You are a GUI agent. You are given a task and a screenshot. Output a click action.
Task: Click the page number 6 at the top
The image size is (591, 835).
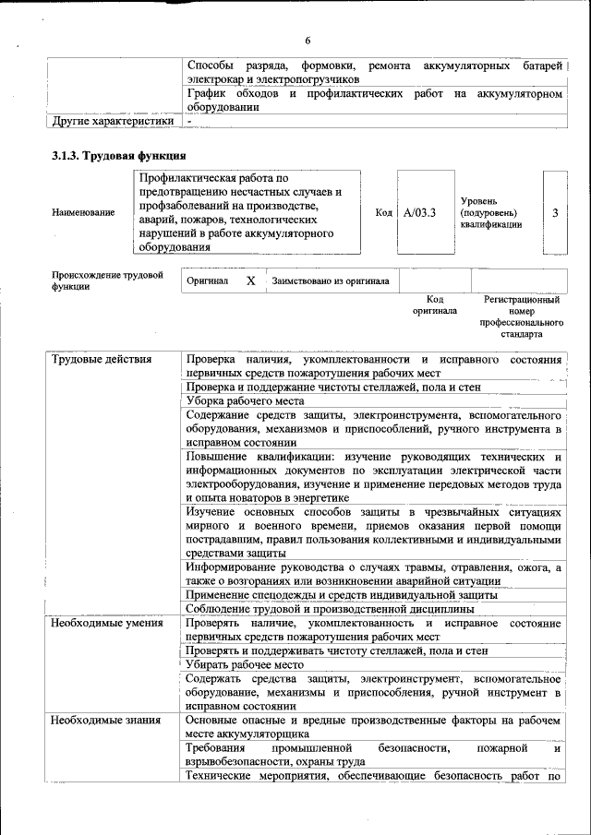point(308,40)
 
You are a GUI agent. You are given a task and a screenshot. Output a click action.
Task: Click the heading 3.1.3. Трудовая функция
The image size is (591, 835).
point(119,156)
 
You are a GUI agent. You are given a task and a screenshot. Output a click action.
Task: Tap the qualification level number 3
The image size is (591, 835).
point(555,212)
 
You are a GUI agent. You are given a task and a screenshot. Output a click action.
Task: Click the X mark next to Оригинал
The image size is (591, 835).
point(250,280)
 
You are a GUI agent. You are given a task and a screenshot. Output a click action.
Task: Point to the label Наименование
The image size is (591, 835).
point(84,212)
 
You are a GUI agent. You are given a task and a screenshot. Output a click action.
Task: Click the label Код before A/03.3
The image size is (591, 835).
point(384,212)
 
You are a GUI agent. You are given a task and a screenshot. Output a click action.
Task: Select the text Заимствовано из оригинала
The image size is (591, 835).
point(330,280)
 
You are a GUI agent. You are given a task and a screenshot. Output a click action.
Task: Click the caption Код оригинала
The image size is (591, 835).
point(435,305)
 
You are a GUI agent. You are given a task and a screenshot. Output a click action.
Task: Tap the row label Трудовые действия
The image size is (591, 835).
point(102,359)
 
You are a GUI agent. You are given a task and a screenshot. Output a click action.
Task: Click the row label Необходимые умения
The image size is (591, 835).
point(108,624)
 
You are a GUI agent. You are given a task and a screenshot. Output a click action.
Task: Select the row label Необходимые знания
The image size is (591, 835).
point(105,721)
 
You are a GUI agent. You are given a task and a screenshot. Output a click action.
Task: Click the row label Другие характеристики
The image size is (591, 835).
point(113,121)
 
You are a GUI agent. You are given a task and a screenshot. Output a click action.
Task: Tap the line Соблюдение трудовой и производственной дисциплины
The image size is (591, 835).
point(330,609)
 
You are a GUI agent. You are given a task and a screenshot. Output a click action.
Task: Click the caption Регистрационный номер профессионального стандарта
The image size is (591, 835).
point(521,316)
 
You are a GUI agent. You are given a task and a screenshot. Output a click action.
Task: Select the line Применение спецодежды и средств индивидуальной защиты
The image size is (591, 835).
point(342,595)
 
